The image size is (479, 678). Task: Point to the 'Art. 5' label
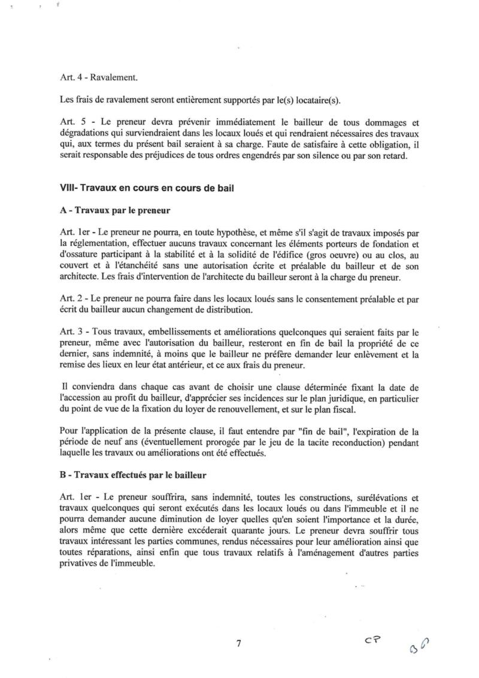72,119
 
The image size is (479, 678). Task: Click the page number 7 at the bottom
239,644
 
